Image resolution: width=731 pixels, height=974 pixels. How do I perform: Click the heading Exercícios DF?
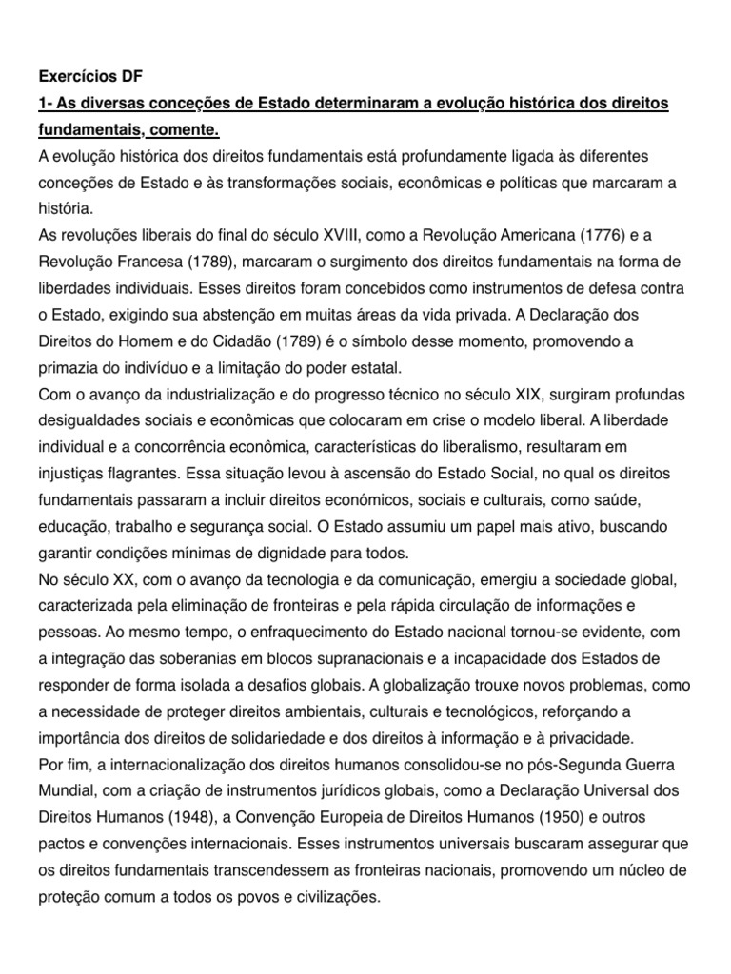(89, 77)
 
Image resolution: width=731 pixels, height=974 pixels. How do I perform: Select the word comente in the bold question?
(202, 128)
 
